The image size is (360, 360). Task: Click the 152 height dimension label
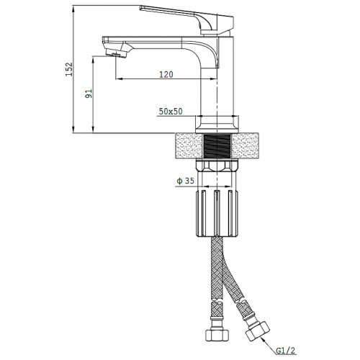point(69,69)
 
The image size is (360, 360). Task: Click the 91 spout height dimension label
point(89,94)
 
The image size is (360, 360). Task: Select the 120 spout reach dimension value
point(166,74)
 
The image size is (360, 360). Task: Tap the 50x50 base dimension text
point(171,112)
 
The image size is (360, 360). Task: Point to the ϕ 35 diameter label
point(185,181)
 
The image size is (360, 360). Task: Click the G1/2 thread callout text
point(286,351)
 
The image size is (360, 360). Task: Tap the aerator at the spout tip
point(117,53)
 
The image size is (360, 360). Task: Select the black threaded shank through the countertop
point(217,146)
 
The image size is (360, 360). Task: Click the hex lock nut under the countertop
point(217,166)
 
